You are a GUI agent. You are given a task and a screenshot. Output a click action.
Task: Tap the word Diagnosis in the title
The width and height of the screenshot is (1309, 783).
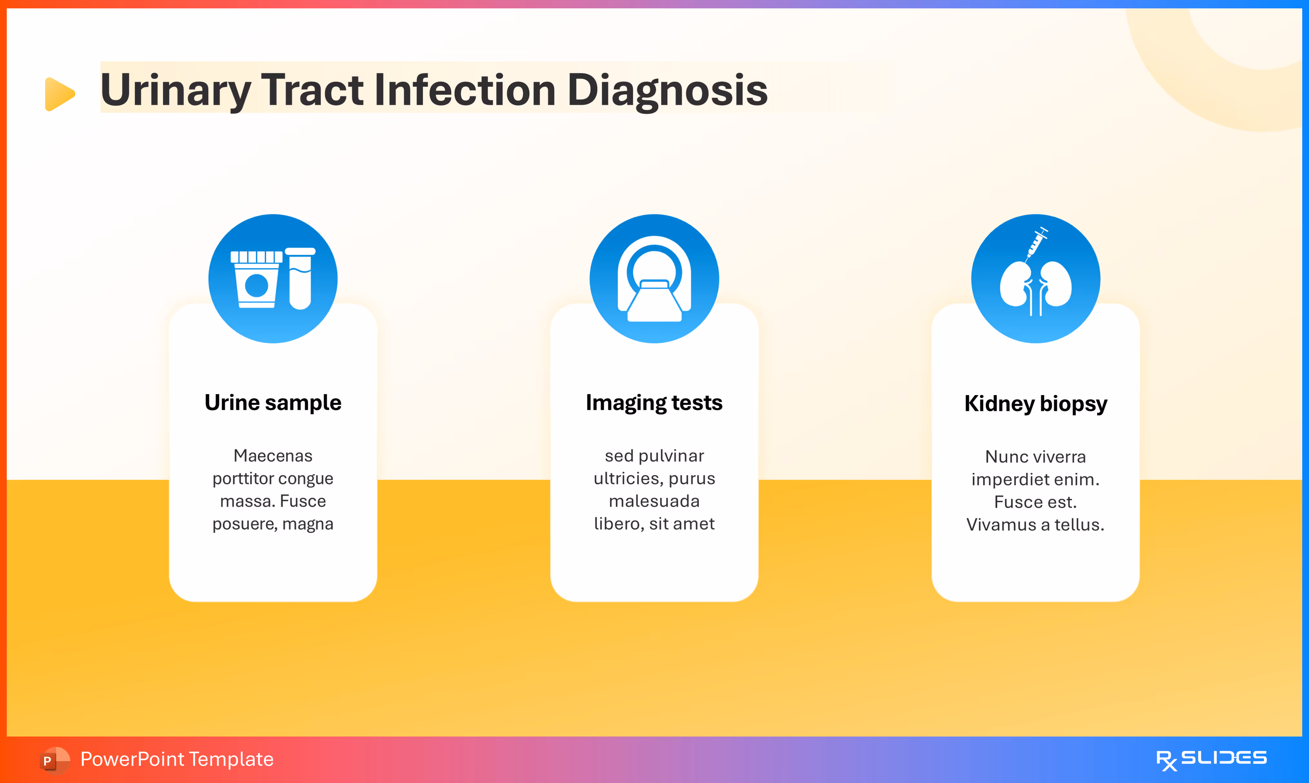click(667, 91)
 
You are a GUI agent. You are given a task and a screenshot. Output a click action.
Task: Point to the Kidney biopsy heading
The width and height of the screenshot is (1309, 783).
click(1036, 404)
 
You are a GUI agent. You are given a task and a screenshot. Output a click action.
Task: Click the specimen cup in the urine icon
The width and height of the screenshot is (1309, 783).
click(257, 280)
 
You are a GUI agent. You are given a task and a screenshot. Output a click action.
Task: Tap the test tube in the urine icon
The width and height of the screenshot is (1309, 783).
click(300, 279)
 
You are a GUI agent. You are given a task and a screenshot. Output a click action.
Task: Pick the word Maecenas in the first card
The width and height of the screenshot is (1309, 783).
click(273, 455)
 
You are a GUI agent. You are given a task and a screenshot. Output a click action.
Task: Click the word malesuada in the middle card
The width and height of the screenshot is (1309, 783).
click(654, 501)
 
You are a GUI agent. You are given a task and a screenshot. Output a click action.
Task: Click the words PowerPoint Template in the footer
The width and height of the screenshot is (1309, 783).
click(177, 759)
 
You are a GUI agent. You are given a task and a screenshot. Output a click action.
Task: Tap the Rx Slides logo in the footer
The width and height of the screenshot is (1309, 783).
click(1211, 759)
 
